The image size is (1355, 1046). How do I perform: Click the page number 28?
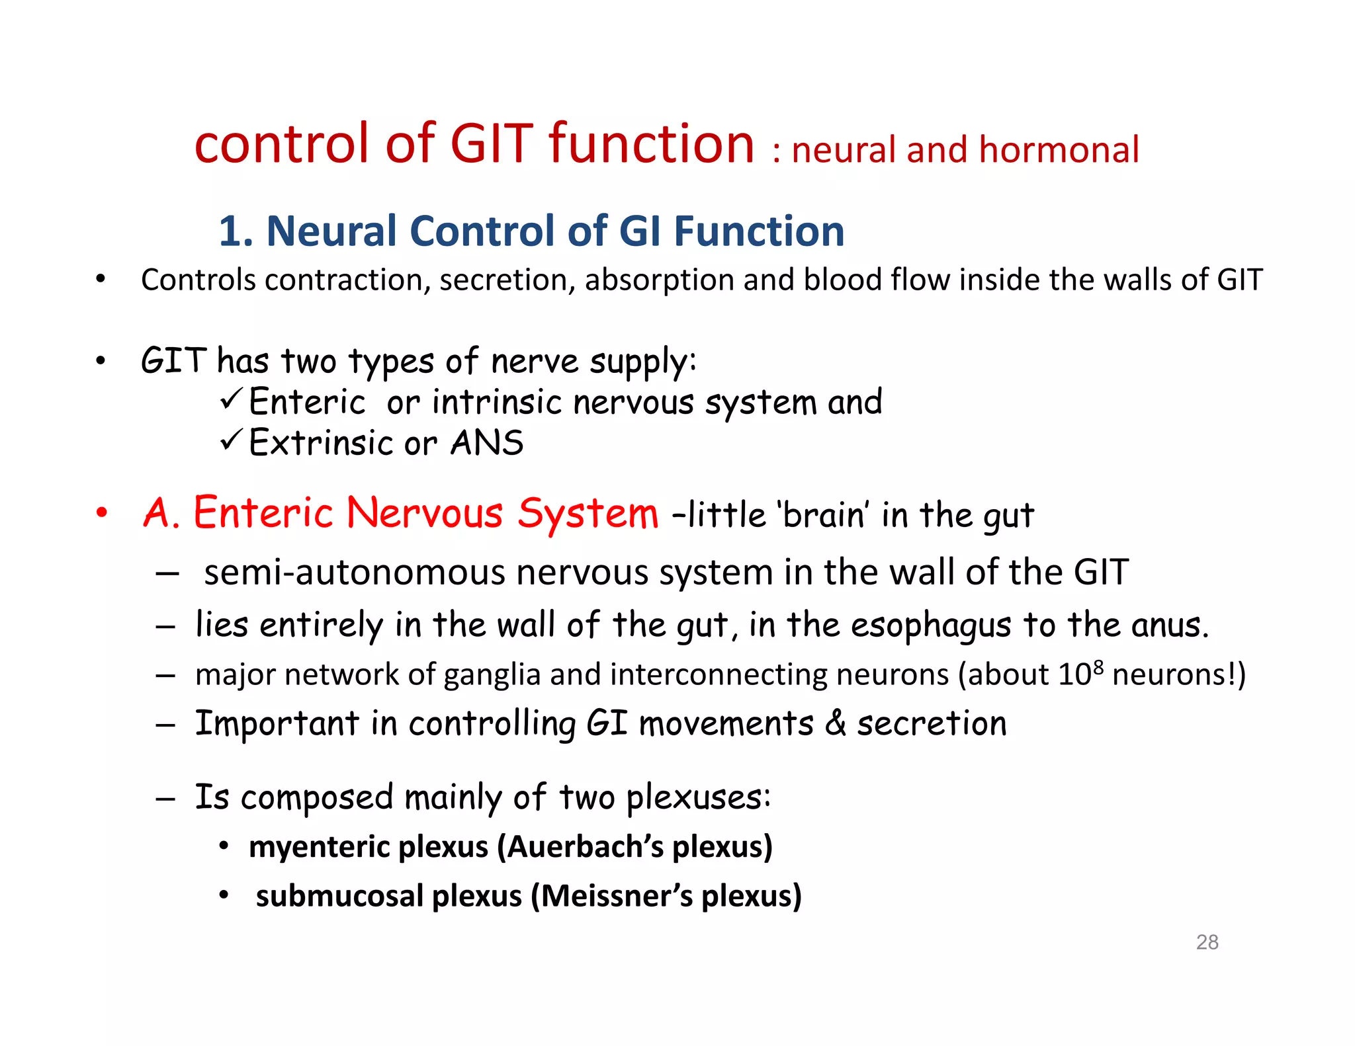tap(1207, 942)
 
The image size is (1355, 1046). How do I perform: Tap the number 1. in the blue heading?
tap(236, 231)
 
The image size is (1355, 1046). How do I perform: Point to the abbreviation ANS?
tap(486, 443)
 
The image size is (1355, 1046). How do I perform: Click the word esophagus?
tap(931, 625)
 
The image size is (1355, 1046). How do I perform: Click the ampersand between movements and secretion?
tap(836, 723)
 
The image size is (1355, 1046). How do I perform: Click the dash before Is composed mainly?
tap(165, 799)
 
